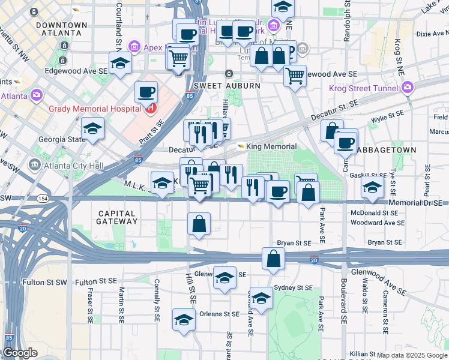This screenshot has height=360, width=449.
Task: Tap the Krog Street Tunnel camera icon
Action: click(408, 89)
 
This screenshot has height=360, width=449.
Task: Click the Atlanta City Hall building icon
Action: click(35, 165)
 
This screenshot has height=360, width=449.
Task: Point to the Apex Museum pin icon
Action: click(134, 46)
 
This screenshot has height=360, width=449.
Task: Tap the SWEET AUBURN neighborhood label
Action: click(227, 86)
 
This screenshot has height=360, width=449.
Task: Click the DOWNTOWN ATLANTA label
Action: click(62, 29)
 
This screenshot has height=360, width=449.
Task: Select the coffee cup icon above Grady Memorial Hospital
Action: click(146, 92)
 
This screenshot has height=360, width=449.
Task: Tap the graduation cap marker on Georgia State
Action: click(93, 128)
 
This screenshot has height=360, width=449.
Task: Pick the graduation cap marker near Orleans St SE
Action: click(184, 319)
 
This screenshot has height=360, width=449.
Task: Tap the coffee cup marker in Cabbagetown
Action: click(345, 143)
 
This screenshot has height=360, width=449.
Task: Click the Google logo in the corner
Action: click(20, 353)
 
